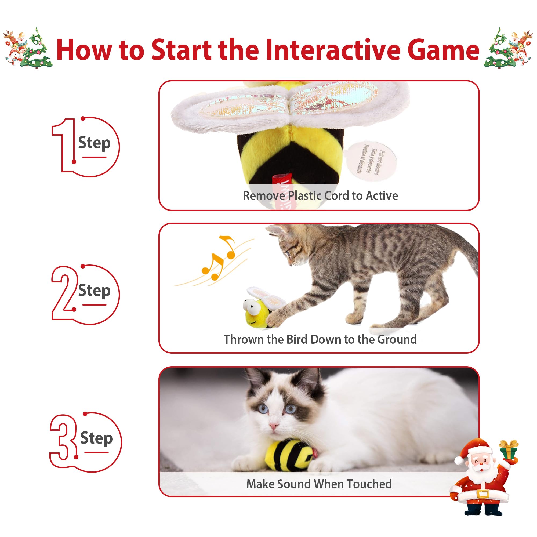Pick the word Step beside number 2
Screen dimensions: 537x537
point(95,291)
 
